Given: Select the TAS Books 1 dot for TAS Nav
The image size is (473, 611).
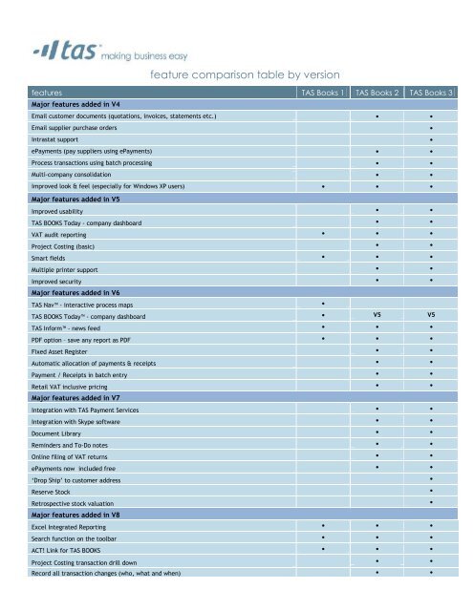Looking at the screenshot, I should pos(324,304).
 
